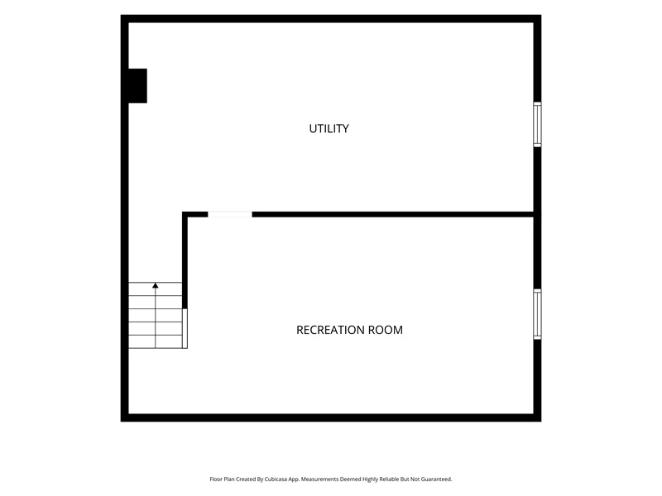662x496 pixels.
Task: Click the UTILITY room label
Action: (x=329, y=129)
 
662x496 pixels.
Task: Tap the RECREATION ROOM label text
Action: (x=349, y=330)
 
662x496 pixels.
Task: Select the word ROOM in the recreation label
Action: (x=386, y=330)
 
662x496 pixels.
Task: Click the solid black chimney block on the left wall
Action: (x=137, y=86)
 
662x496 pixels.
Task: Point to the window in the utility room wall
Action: (x=537, y=125)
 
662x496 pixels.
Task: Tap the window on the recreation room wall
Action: (x=537, y=314)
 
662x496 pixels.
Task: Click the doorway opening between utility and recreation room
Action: (x=230, y=214)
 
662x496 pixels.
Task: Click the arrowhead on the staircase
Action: (x=156, y=285)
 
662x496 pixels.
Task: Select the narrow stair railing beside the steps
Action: (x=185, y=328)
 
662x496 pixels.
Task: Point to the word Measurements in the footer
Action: (x=319, y=479)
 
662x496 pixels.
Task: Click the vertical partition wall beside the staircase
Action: (x=185, y=260)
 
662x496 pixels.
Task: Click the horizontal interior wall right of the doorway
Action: (x=392, y=214)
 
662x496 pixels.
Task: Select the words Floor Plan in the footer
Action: (x=222, y=479)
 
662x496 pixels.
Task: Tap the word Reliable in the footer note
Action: (x=389, y=479)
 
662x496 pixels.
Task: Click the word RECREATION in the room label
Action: (x=331, y=330)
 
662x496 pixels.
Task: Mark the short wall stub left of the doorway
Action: (x=195, y=214)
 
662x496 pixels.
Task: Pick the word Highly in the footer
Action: (x=370, y=479)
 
